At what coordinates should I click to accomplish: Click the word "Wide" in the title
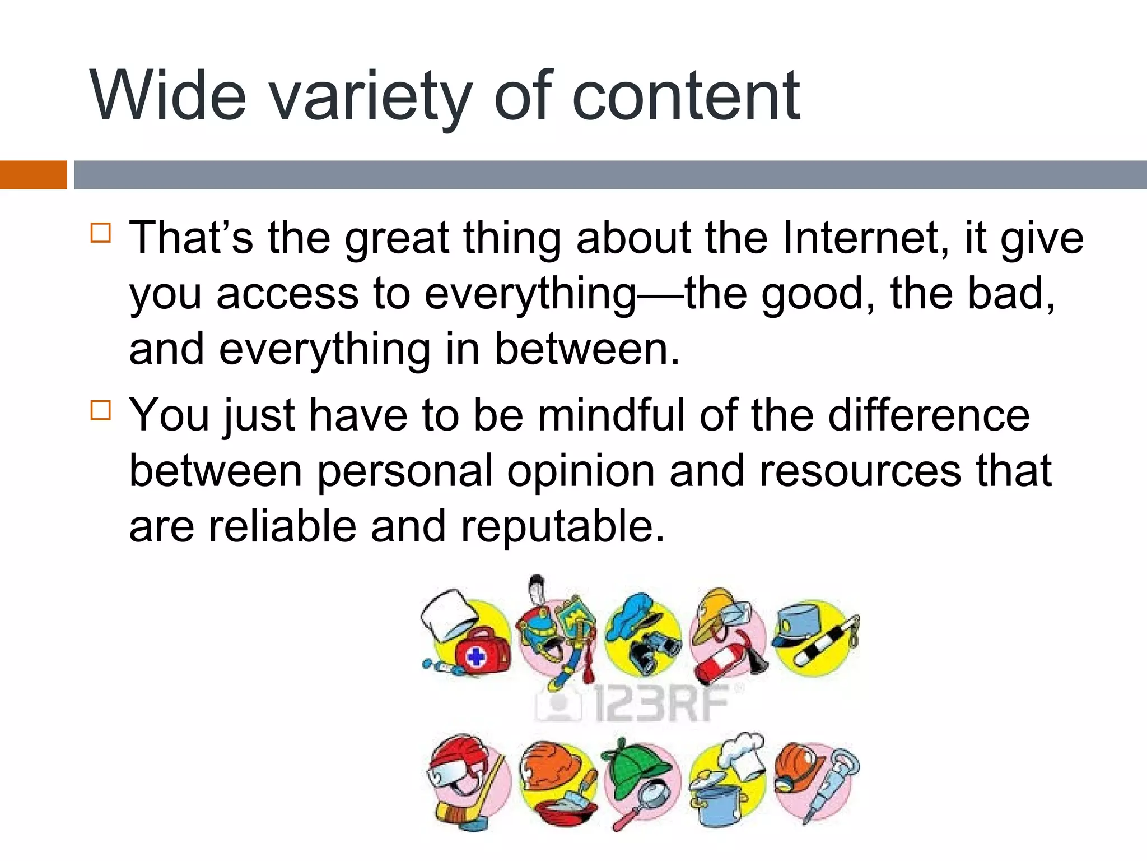(168, 95)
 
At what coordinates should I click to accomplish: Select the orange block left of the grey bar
(33, 174)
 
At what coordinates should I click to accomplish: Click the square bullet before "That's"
(101, 232)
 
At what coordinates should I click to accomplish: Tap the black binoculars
(650, 650)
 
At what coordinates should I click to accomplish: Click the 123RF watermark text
(661, 703)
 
